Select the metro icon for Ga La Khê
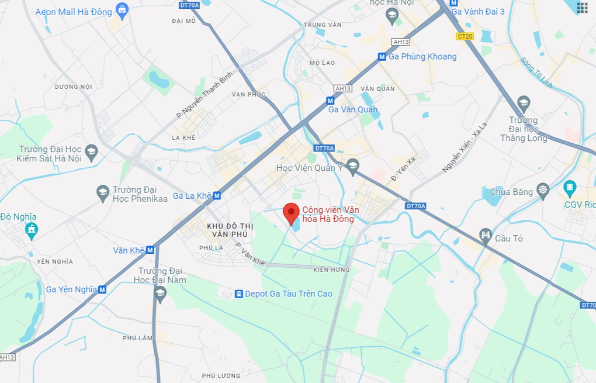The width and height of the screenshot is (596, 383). point(217,196)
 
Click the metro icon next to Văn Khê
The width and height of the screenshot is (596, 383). point(150,250)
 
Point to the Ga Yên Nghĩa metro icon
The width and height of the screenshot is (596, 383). point(102,289)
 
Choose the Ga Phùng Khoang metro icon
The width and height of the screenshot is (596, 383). point(382,57)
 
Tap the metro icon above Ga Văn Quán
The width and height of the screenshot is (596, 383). point(330,101)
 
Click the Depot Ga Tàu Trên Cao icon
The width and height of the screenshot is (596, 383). point(238,294)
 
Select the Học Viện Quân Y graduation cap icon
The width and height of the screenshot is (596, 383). point(352,166)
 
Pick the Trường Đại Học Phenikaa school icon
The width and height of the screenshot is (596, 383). point(103,192)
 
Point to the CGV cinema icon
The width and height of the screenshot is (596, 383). point(570,188)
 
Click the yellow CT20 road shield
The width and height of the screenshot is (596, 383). point(465,36)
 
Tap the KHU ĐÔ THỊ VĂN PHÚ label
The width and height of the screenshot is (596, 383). point(227,230)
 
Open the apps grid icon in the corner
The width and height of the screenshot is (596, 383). point(582,8)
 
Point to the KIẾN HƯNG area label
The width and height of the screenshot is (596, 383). point(331,270)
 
